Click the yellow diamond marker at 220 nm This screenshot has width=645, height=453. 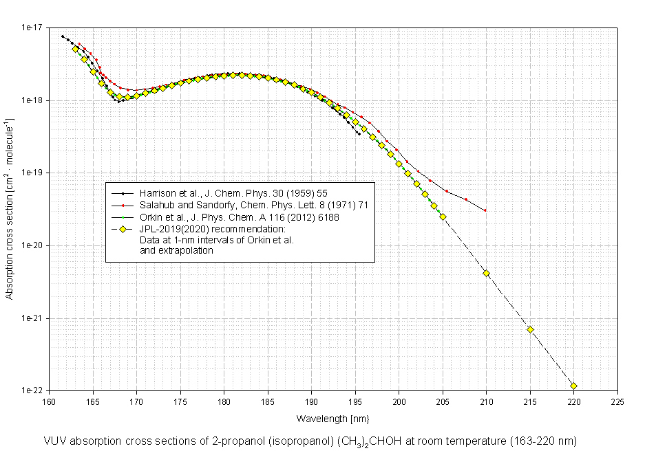[x=573, y=386]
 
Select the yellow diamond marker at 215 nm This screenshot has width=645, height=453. [x=530, y=329]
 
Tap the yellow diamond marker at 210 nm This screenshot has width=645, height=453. [x=486, y=273]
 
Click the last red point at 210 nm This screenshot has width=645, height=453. [x=485, y=210]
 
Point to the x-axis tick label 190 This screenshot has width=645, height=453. [x=311, y=401]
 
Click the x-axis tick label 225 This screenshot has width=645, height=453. [x=617, y=401]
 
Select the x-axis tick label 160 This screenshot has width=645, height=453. [x=49, y=401]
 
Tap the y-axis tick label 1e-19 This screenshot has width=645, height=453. [x=31, y=173]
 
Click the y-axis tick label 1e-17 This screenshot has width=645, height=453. [x=31, y=28]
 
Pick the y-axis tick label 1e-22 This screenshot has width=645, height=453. [x=31, y=390]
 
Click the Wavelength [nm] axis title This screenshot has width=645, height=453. [x=324, y=418]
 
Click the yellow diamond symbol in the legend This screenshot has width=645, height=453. [x=122, y=228]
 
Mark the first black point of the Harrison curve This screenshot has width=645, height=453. [x=63, y=36]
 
